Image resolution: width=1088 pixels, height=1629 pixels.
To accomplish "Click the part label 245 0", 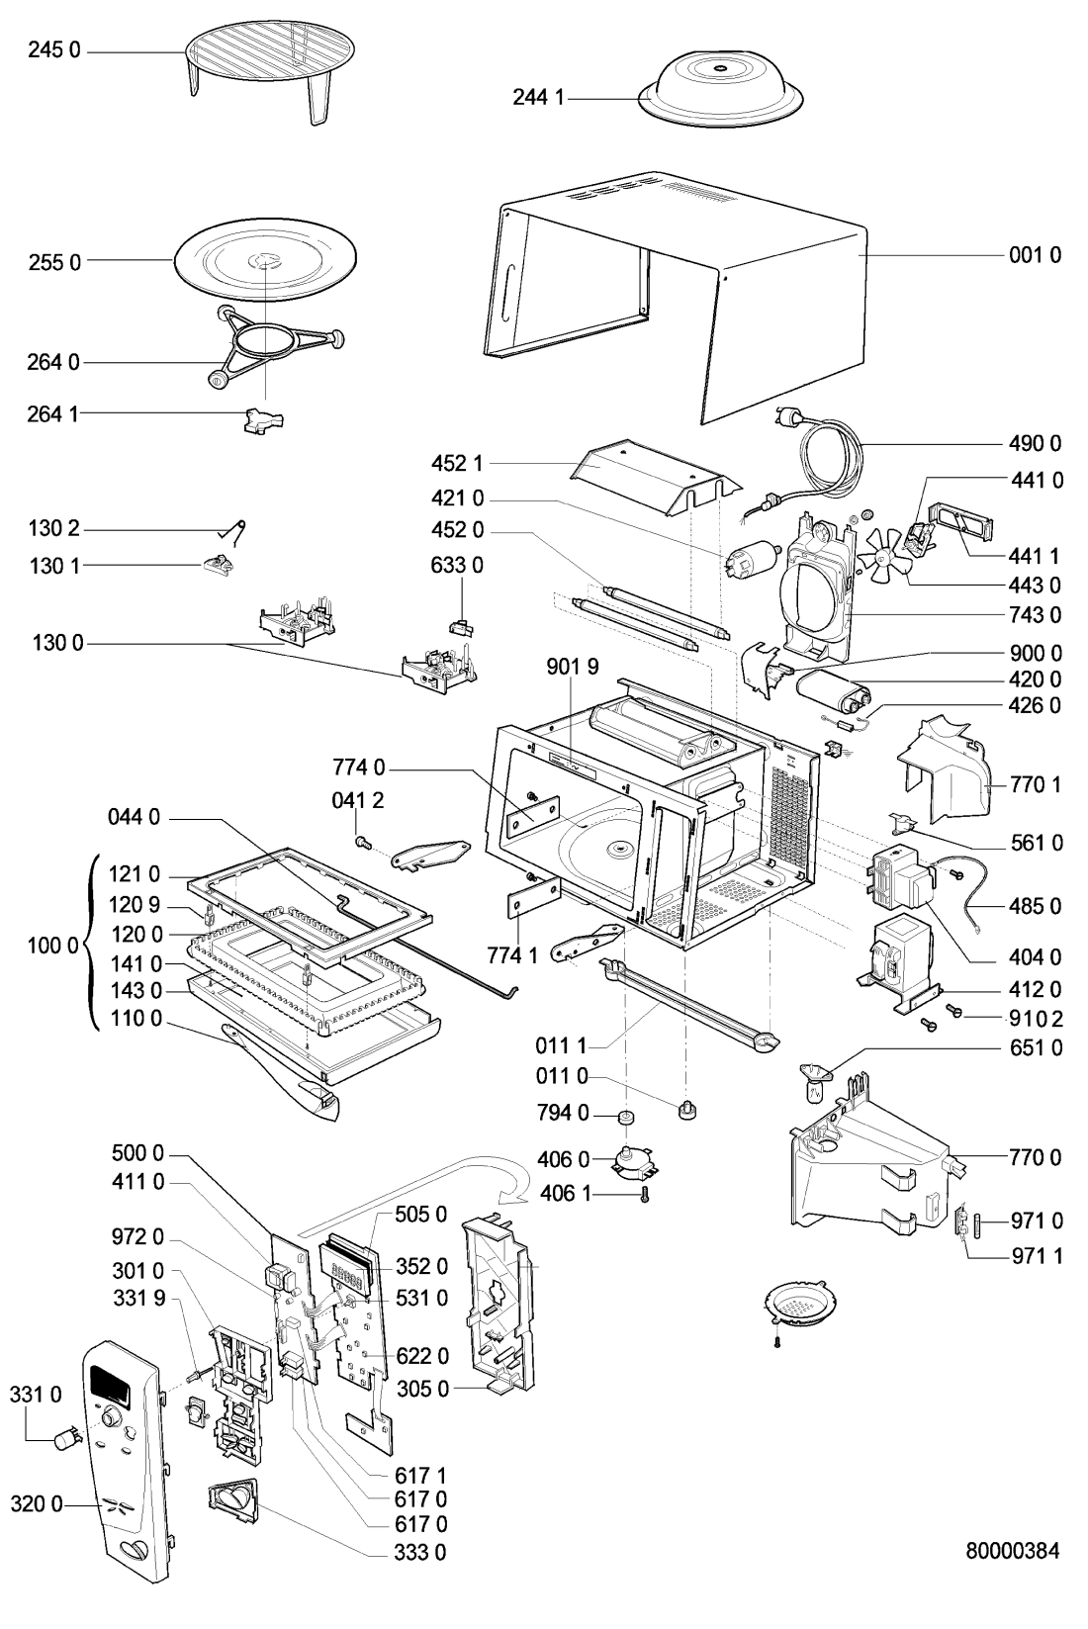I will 53,50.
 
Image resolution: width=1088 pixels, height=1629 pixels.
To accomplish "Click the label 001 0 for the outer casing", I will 1035,255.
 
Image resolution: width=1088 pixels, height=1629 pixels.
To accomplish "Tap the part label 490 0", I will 1036,443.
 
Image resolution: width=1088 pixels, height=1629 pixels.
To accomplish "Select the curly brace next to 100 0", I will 92,945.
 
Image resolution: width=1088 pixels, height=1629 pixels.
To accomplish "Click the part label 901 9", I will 573,668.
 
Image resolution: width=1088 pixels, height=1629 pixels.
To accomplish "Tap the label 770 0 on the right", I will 1036,1157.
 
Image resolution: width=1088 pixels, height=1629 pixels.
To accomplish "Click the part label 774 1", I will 511,955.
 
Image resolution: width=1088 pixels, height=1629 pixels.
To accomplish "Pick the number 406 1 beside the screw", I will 565,1195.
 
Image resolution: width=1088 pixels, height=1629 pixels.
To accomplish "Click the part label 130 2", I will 54,529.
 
